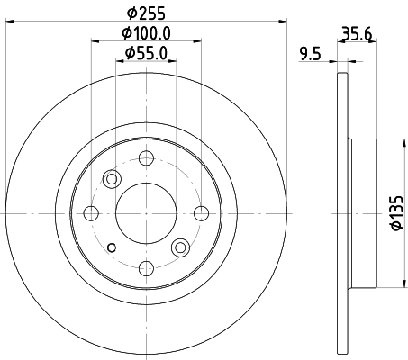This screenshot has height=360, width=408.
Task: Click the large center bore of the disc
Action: tap(145, 212)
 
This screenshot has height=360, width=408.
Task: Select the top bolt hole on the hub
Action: tap(145, 158)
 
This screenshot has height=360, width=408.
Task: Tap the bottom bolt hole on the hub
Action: tap(145, 266)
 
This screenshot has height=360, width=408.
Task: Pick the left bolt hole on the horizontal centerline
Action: tap(90, 212)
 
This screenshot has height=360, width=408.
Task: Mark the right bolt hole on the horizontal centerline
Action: tap(200, 212)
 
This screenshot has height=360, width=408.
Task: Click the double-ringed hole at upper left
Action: tap(112, 178)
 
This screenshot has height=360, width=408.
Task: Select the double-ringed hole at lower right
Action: tap(179, 246)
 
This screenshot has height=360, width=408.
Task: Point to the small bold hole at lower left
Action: tap(111, 247)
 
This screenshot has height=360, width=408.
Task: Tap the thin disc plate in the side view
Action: tap(341, 213)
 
